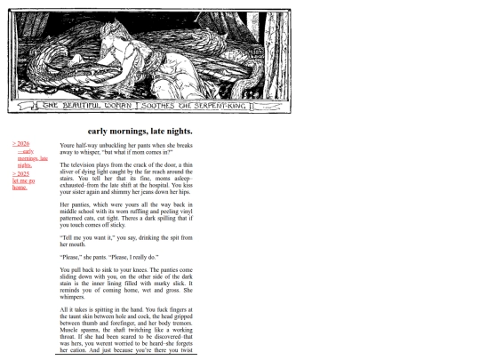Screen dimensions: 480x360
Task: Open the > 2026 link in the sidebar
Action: (20, 143)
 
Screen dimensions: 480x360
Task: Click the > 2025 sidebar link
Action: (20, 173)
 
